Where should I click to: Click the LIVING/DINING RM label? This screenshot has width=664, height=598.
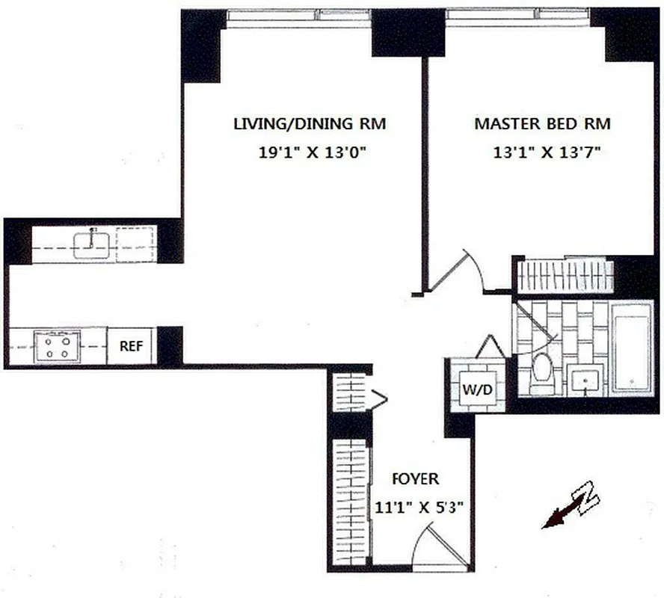point(310,124)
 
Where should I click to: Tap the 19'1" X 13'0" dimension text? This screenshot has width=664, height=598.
point(310,153)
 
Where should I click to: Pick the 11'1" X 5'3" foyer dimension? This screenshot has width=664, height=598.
point(419,508)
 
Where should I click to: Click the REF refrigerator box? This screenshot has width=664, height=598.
point(131,346)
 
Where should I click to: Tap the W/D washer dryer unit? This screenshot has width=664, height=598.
point(475,389)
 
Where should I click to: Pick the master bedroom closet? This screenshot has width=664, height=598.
point(565,276)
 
